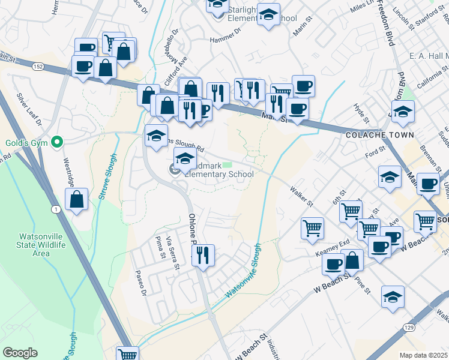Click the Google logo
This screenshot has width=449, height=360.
(20, 353)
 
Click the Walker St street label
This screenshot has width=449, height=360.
(301, 196)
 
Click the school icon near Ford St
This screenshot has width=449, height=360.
(390, 176)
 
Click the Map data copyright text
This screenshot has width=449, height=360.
(423, 355)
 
